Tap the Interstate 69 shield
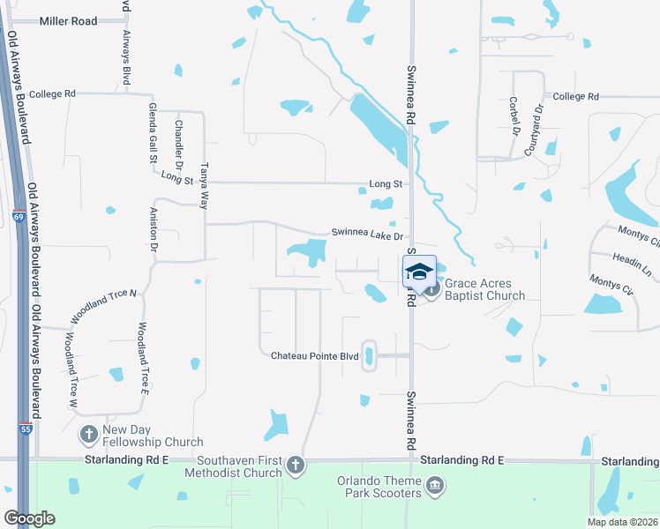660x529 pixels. pos(18,216)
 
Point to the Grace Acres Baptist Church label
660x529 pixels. pos(484,289)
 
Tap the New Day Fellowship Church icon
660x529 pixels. pos(88,434)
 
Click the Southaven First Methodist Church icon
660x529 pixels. pos(296,464)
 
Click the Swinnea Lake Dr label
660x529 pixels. pos(367,235)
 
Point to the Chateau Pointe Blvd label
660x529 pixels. pos(314,354)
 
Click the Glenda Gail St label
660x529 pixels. pos(153,133)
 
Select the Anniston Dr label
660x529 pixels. pos(153,235)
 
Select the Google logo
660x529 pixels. pos(29,518)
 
